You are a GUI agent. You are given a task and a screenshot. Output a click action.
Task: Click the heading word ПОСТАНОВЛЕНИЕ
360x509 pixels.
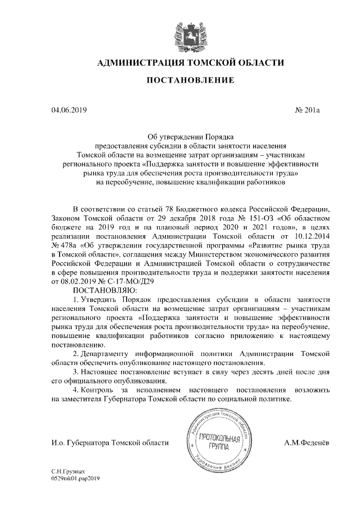pos(190,82)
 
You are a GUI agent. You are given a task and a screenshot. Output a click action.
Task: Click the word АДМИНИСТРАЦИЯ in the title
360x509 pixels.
pos(138,62)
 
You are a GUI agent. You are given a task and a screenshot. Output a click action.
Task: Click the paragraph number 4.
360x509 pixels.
pos(76,389)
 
